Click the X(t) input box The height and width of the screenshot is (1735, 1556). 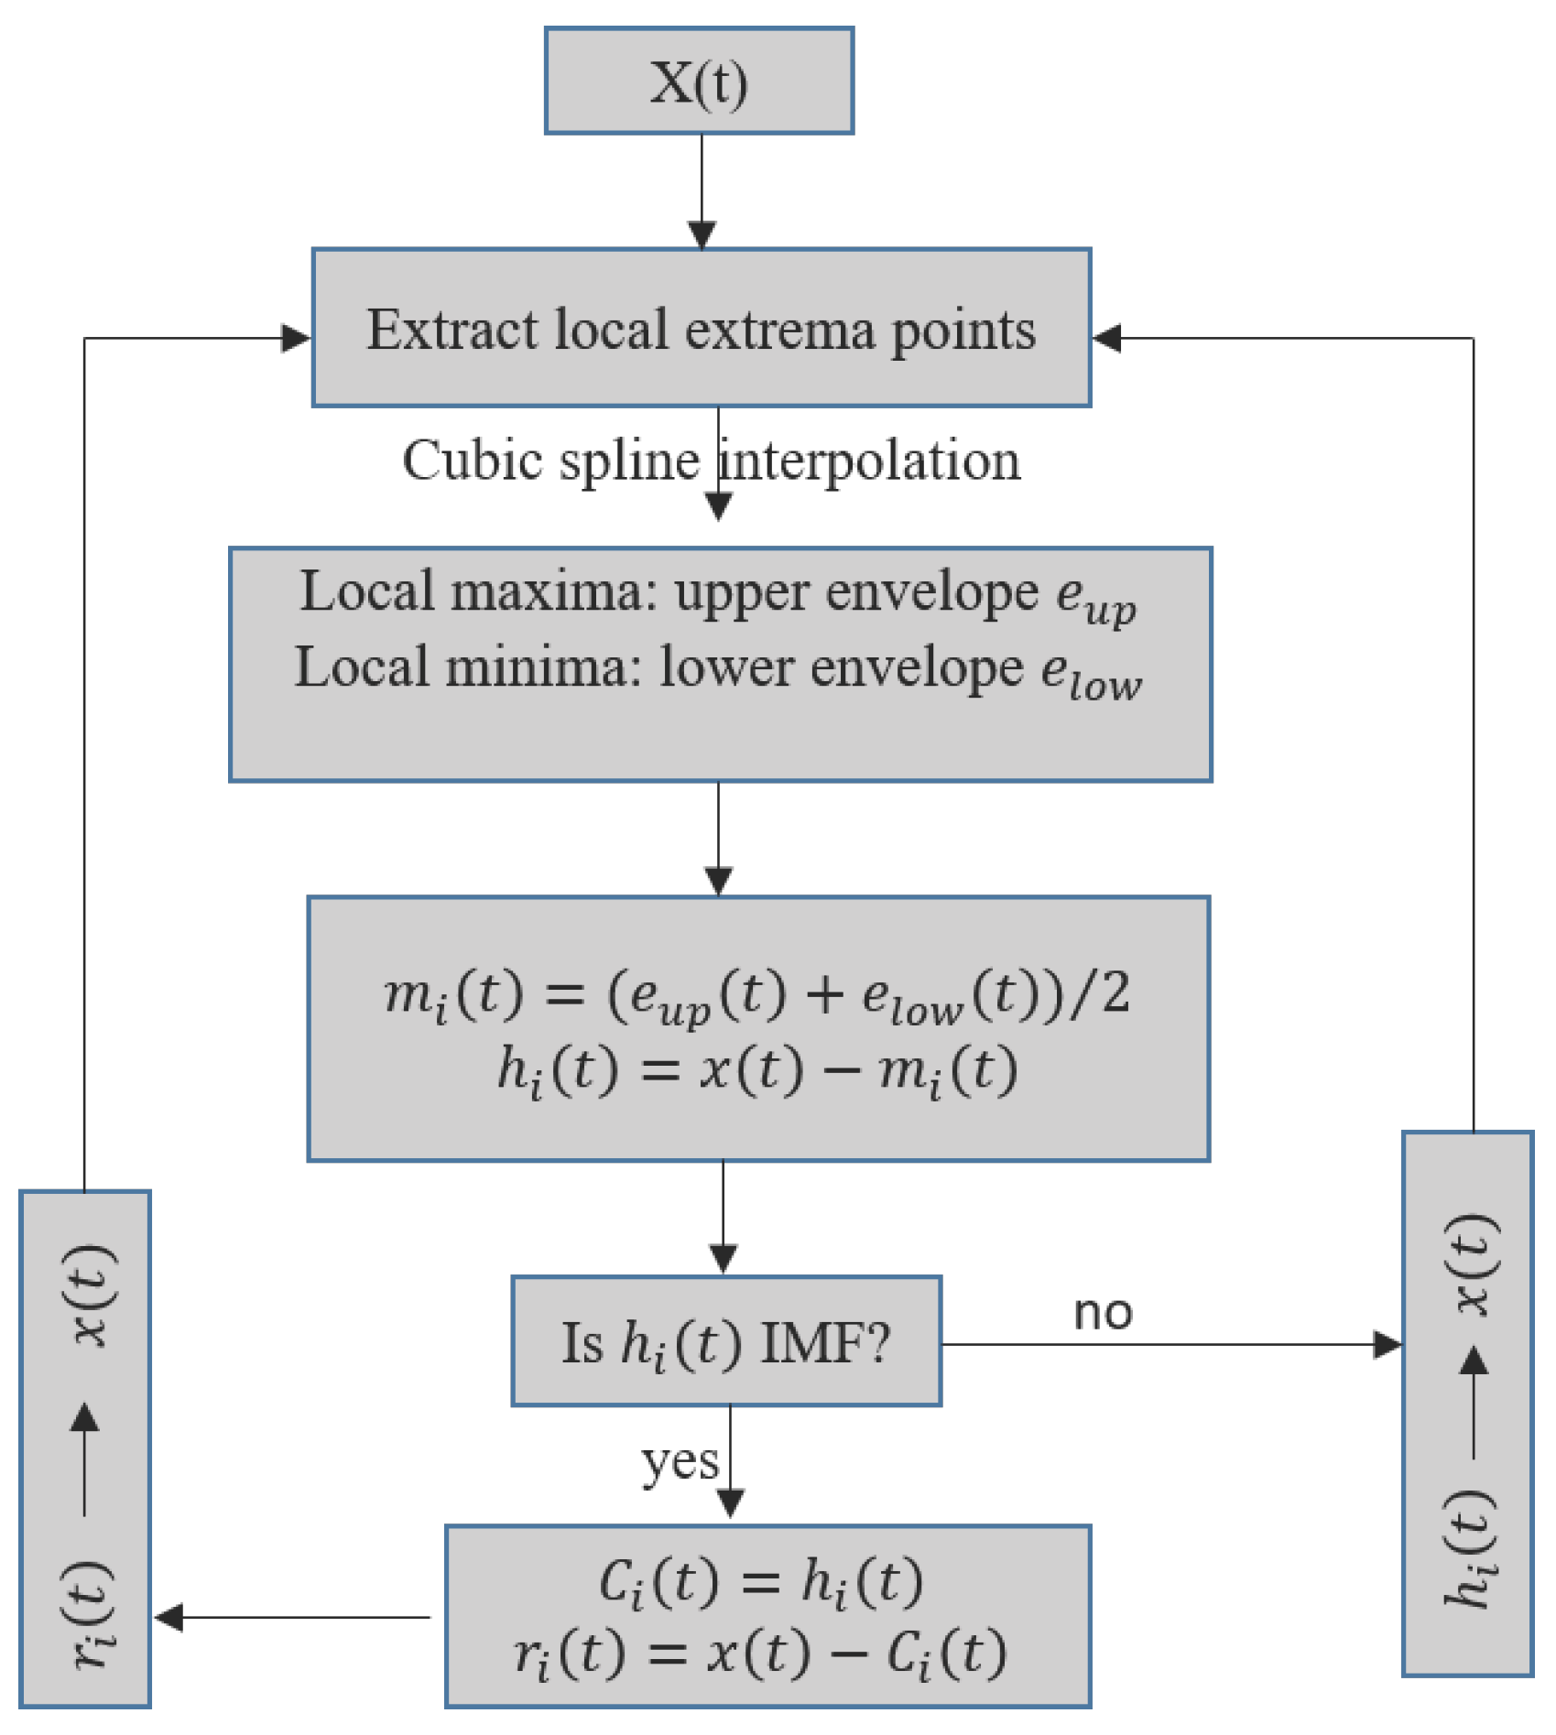699,81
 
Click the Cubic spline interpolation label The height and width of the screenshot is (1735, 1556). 711,461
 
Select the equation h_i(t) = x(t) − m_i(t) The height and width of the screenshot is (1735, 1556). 756,1069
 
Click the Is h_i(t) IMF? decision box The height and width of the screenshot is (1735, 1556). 726,1342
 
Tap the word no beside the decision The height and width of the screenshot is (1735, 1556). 1103,1313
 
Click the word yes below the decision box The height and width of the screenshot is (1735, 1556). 680,1461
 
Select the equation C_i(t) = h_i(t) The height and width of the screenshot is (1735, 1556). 761,1581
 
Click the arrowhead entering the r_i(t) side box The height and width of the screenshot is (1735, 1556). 169,1618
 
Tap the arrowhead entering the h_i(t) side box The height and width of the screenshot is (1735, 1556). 1387,1345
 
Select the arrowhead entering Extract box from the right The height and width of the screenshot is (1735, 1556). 1107,338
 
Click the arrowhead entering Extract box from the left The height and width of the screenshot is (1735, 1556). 296,338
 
